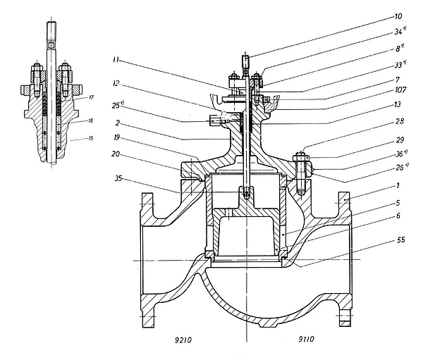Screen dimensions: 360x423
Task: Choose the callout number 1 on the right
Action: coord(399,187)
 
